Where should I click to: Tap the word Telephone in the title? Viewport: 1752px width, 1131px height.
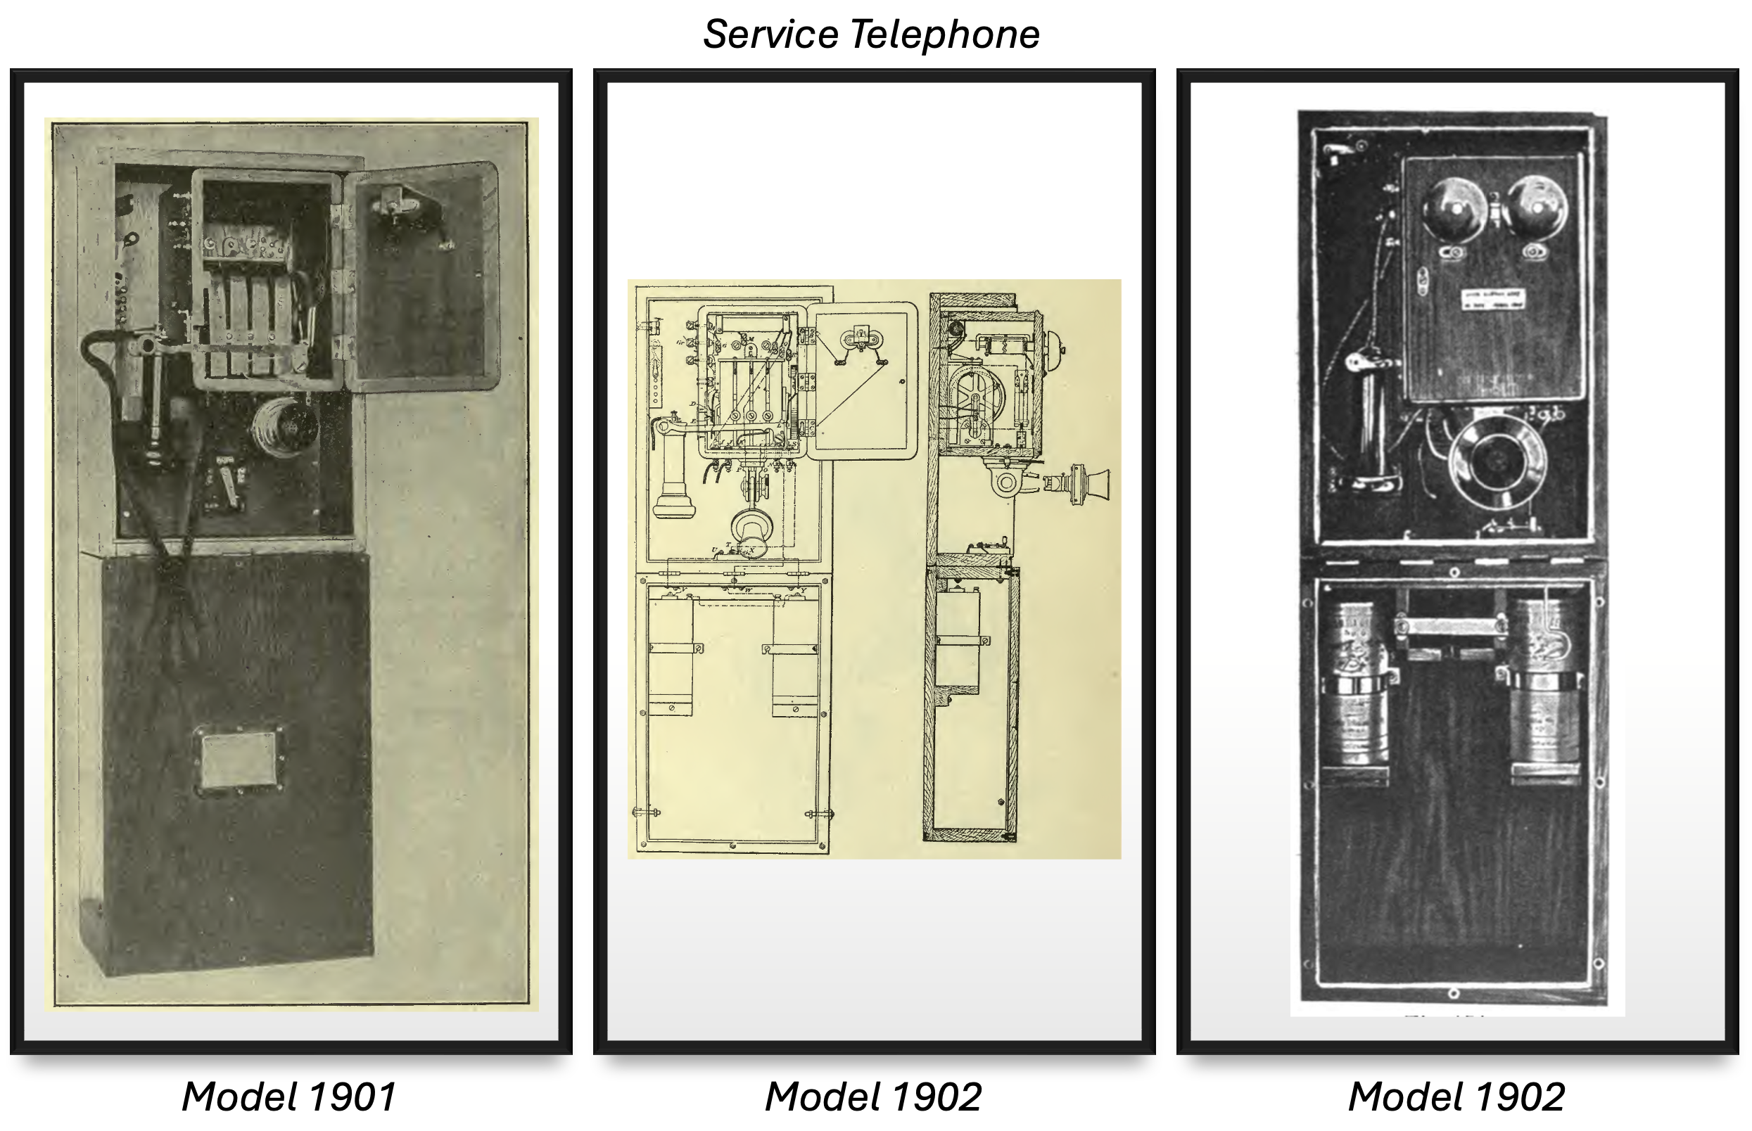946,34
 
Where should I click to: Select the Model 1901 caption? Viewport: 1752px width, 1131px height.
288,1097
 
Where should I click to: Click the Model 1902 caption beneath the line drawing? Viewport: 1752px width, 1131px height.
873,1097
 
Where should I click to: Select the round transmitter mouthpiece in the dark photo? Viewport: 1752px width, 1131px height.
1497,460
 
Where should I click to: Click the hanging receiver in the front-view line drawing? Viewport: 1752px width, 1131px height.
671,470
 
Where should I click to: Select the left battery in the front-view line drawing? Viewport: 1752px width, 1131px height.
670,653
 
